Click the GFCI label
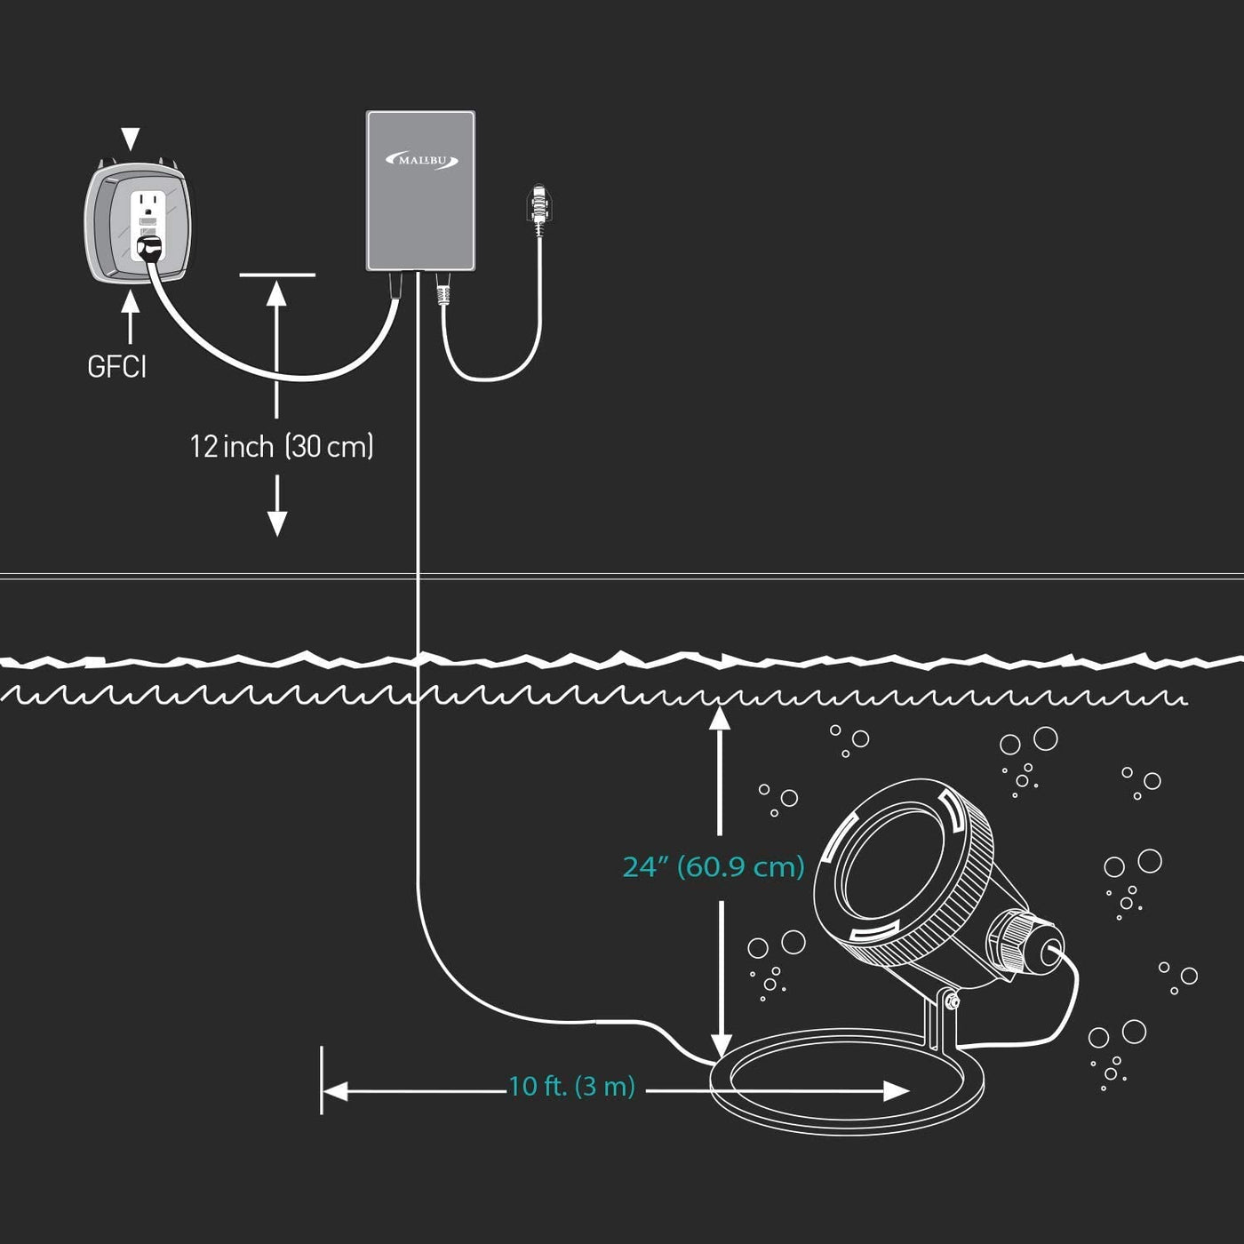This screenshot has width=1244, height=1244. click(116, 366)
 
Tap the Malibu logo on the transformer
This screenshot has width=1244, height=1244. click(421, 161)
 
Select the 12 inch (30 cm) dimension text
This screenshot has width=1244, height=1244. click(281, 446)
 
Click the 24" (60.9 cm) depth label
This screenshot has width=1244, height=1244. click(714, 866)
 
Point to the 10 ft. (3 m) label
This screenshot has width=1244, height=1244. click(571, 1087)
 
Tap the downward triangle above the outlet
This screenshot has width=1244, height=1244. click(131, 139)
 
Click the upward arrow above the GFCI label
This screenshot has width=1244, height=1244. click(131, 302)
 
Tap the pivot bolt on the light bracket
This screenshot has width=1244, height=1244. click(950, 1001)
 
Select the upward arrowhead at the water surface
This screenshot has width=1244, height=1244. click(720, 718)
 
